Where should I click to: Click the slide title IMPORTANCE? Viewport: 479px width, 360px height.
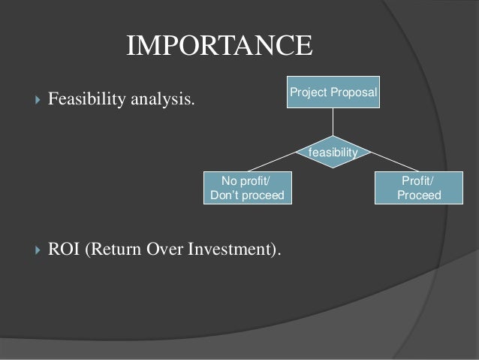(x=218, y=45)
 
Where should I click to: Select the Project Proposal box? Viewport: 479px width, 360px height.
(x=333, y=92)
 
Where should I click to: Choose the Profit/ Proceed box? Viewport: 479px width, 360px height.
(x=418, y=188)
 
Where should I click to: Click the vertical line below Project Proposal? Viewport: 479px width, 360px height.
(x=333, y=123)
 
